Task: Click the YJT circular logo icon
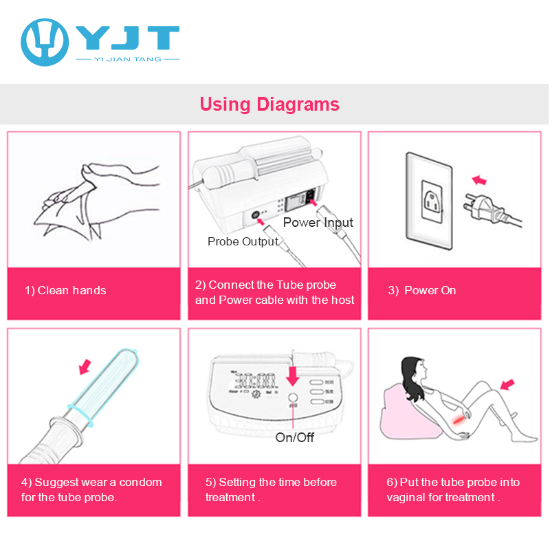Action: (x=44, y=41)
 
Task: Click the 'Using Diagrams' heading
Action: (x=269, y=104)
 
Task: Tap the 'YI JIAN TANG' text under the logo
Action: (x=127, y=60)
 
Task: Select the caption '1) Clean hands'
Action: (x=65, y=290)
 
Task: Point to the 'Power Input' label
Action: (x=318, y=222)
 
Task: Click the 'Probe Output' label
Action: (x=243, y=241)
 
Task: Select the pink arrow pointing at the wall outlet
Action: (x=477, y=180)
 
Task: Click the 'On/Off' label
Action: (x=294, y=437)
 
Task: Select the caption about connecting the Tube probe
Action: (x=274, y=292)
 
